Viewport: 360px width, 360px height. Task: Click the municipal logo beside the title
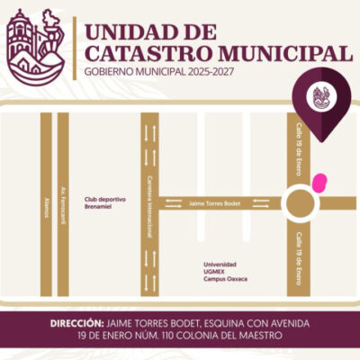click(34, 44)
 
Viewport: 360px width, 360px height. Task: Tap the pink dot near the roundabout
click(318, 184)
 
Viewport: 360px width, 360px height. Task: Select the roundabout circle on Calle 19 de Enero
click(300, 202)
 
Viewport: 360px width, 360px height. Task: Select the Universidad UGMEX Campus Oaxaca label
click(224, 272)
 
